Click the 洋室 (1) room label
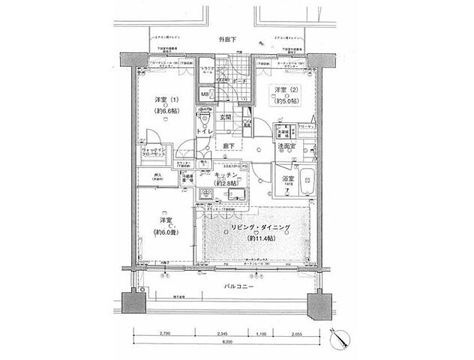[166, 100]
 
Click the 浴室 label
[287, 180]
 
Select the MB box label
[204, 94]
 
